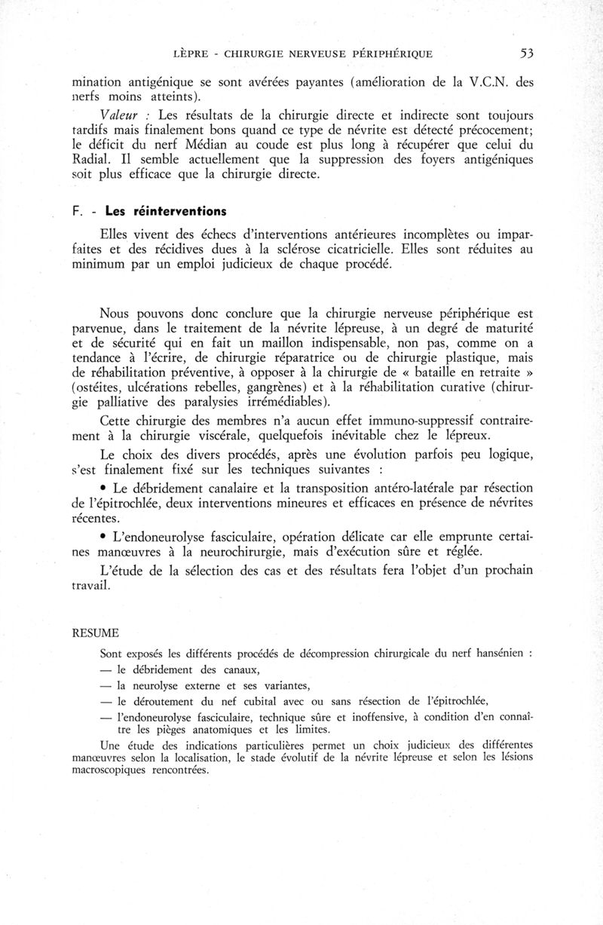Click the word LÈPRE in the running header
190,54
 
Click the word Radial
90,162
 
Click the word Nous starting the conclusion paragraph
118,314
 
